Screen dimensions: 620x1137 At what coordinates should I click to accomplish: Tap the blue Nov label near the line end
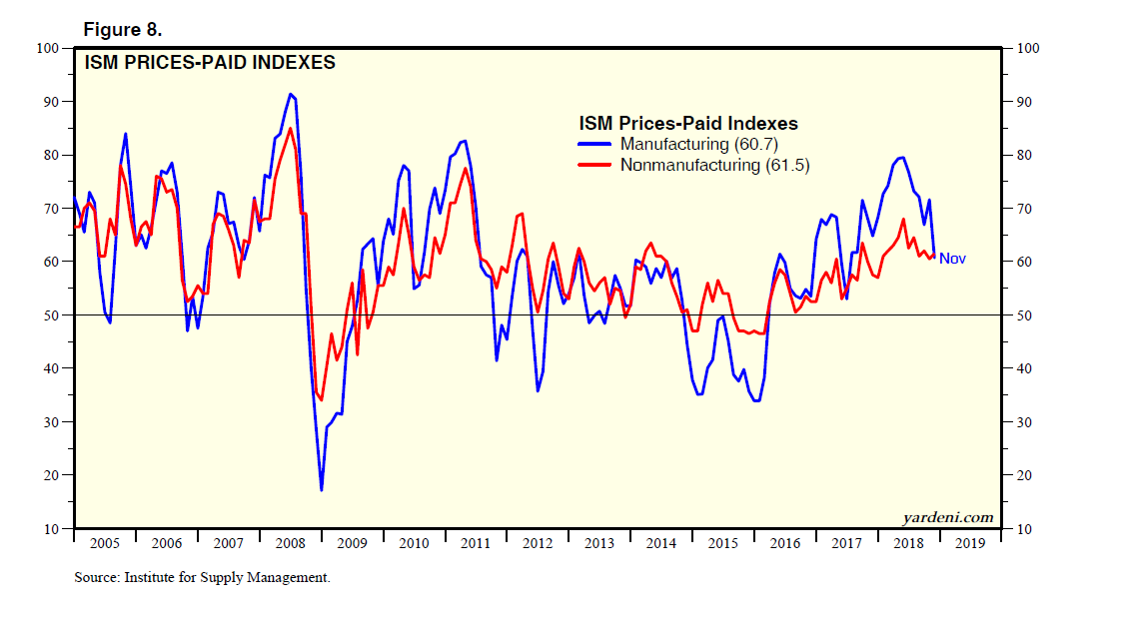click(952, 259)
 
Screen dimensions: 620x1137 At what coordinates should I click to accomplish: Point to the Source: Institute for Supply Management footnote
click(202, 577)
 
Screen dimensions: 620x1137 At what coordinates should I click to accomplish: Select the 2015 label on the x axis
click(722, 543)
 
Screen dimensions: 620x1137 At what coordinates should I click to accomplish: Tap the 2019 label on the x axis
click(969, 543)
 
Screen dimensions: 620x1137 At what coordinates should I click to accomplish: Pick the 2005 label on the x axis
click(104, 543)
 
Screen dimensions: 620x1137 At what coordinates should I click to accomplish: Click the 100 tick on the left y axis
click(49, 48)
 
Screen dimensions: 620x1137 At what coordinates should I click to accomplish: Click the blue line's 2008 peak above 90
click(290, 95)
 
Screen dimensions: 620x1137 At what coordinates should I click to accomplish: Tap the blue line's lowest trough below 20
click(321, 490)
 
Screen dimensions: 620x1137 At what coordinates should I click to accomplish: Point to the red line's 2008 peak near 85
click(290, 129)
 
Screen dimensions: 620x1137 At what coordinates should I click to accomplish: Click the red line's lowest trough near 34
click(321, 399)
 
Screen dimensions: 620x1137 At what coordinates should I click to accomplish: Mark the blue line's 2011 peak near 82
click(464, 141)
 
